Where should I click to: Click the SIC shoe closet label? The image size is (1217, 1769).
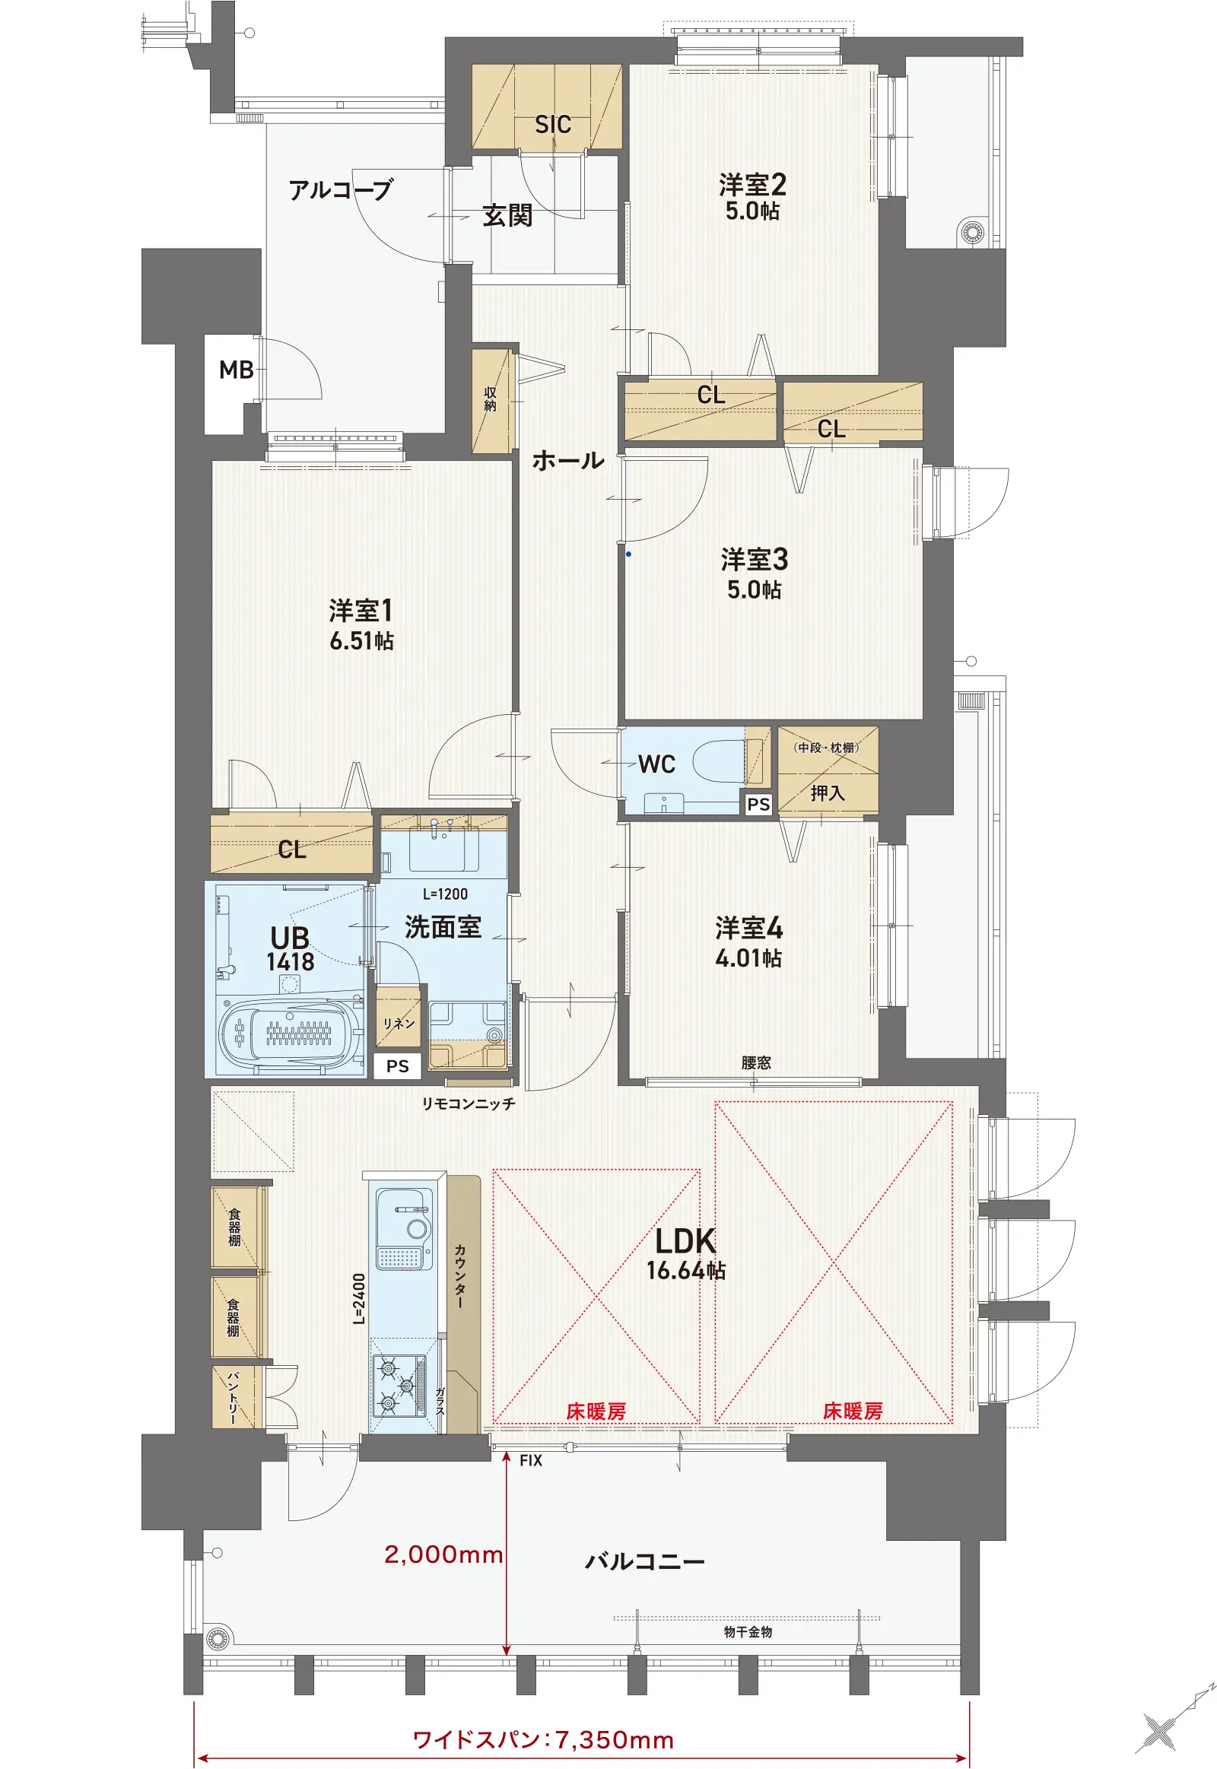pos(553,124)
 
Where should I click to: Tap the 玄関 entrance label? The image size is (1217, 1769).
pos(508,216)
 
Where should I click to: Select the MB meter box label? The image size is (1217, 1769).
pos(237,370)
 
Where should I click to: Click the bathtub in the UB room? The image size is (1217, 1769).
pos(290,1033)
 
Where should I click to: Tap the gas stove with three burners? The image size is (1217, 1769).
pos(398,1386)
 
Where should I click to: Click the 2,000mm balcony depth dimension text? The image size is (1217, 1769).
pos(443,1554)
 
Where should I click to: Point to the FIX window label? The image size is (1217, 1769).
pos(531,1460)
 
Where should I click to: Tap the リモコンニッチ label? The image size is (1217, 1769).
pos(469,1104)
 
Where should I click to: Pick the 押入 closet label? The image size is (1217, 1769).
pos(828,793)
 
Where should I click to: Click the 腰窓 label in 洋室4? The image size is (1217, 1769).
pos(756,1062)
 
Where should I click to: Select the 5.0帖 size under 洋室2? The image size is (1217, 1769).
pos(752,211)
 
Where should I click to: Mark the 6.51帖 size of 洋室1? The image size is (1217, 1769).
pos(361,640)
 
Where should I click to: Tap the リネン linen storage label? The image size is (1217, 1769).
pos(399,1023)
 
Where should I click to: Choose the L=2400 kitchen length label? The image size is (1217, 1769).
pos(358,1298)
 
